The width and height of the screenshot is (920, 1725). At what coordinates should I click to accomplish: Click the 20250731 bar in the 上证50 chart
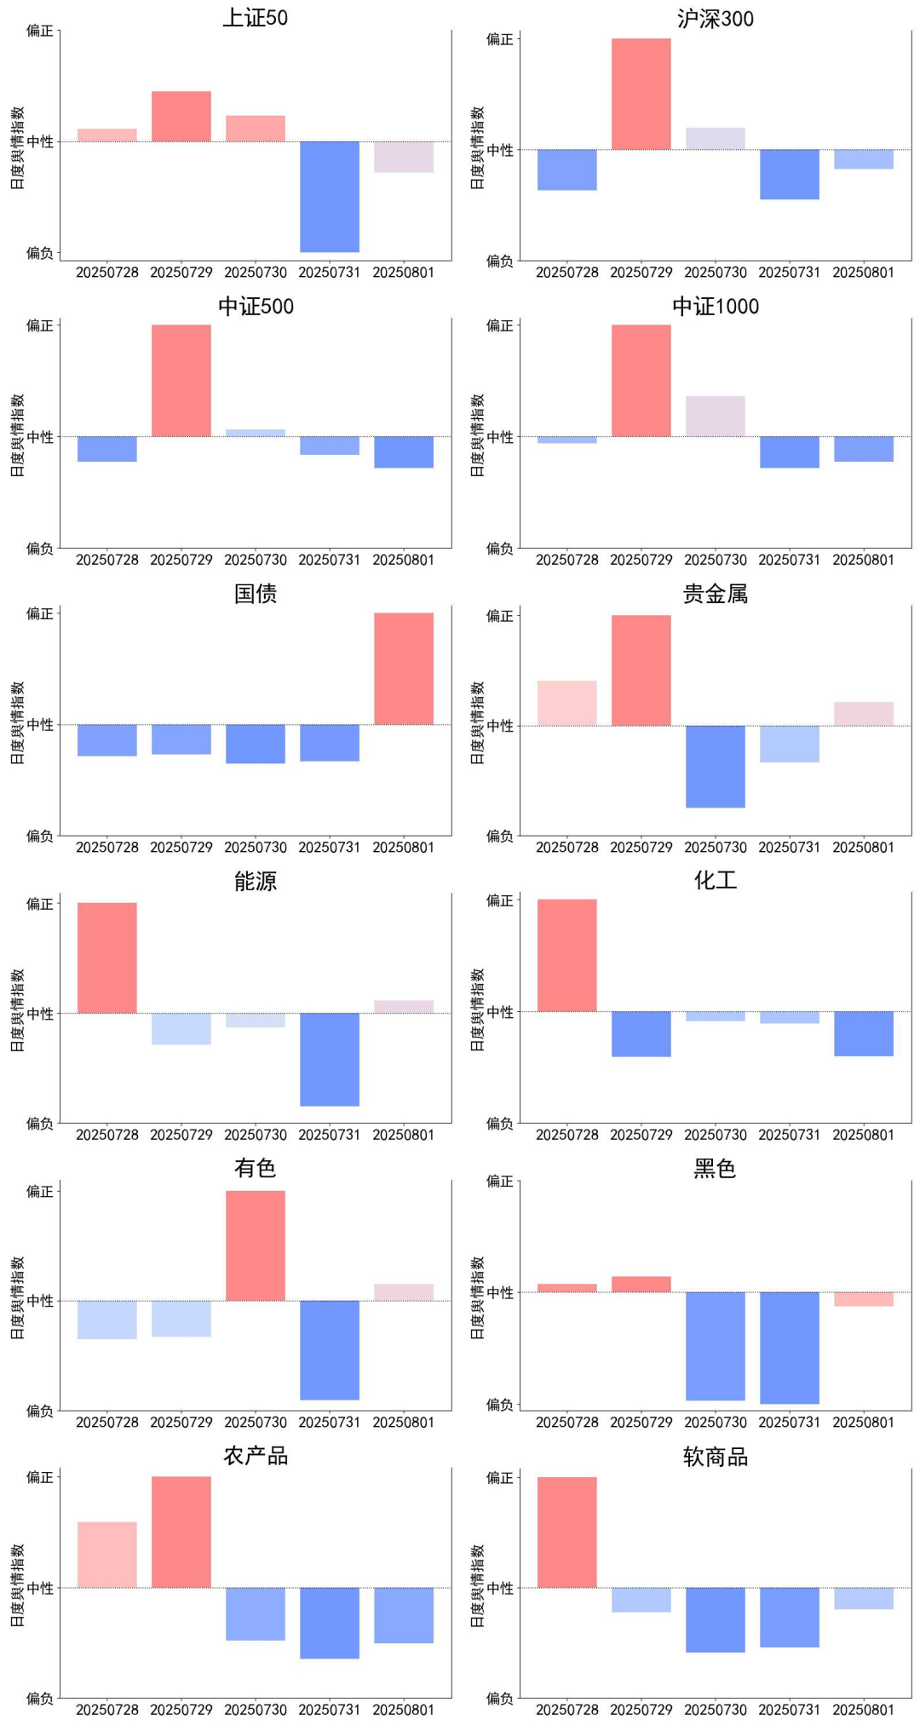pos(330,197)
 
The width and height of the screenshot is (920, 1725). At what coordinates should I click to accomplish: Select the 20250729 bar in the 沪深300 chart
pos(641,95)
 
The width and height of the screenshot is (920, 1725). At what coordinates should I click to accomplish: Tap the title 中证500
pos(256,307)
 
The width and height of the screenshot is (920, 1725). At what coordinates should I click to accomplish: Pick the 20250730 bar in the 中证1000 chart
pos(716,417)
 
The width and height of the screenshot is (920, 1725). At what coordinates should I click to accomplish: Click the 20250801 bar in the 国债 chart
pos(404,669)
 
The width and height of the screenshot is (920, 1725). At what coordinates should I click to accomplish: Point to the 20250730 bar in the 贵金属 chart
pos(716,767)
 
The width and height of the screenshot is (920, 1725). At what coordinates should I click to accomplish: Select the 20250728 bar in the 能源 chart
pos(107,957)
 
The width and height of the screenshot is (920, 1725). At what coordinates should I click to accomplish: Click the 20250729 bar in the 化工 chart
pos(641,1034)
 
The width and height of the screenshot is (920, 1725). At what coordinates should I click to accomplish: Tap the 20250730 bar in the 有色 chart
pos(256,1245)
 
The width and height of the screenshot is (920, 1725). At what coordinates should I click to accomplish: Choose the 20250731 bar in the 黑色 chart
pos(790,1348)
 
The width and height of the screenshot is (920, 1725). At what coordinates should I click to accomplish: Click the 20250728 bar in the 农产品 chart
pos(107,1555)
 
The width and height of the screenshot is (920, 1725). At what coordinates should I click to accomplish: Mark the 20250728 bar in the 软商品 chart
pos(567,1532)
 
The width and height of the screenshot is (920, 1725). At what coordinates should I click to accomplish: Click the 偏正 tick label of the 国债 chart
pos(40,613)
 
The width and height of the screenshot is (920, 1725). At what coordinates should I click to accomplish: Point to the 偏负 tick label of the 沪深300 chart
pos(500,261)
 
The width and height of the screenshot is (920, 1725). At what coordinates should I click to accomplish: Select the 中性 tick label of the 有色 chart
pos(40,1301)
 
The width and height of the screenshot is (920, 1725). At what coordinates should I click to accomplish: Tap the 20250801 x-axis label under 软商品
pos(864,1710)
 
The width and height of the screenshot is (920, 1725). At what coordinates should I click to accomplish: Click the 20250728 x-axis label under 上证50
pos(107,273)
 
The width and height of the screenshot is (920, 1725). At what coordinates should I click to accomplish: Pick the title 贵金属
pos(716,594)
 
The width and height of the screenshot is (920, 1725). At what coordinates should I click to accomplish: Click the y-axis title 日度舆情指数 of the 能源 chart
pos(18,1010)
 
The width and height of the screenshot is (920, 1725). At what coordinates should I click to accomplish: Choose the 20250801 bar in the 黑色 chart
pos(864,1299)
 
